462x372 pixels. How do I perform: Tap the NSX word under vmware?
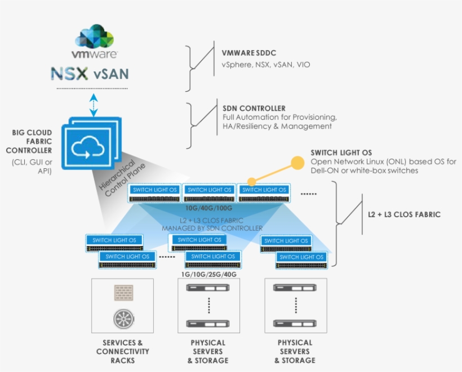click(69, 74)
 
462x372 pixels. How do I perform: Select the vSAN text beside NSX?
click(111, 74)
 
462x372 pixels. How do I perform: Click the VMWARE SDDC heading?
click(248, 53)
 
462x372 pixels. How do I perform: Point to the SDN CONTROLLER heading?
click(254, 108)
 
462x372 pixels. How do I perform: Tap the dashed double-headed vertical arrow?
click(94, 105)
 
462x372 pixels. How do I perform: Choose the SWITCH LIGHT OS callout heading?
click(341, 153)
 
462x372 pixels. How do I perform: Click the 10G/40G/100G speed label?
click(209, 208)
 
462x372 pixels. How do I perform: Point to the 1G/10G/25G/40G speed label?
click(208, 274)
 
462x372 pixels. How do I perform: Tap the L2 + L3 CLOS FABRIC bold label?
click(404, 214)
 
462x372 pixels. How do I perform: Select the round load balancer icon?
click(122, 319)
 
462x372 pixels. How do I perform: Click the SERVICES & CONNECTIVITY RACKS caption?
click(122, 351)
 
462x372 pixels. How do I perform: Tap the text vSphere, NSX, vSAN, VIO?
click(265, 65)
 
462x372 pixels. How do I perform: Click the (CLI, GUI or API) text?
click(31, 167)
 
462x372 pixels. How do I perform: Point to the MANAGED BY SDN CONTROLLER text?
click(212, 228)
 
